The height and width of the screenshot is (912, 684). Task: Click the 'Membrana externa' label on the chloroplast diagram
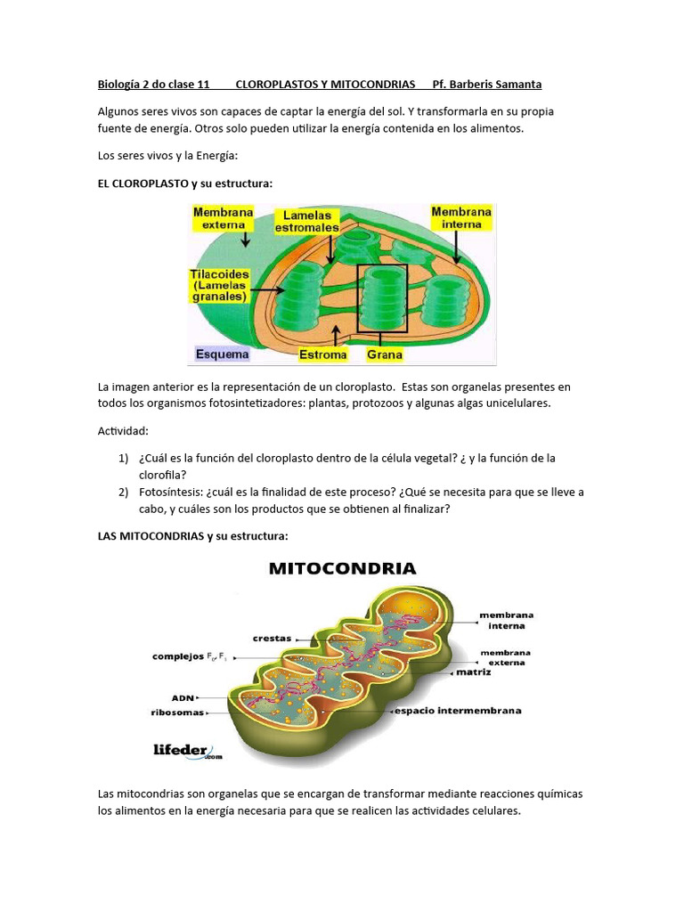(223, 218)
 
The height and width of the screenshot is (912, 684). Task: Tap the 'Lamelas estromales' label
(307, 221)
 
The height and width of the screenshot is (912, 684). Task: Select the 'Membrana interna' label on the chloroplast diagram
(461, 217)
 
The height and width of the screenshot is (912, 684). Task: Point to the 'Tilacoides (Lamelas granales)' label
(220, 285)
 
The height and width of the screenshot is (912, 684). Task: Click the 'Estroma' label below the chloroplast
(322, 354)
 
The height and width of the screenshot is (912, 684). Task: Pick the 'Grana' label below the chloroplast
(385, 354)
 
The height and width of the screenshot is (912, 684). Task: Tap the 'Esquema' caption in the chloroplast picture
(223, 354)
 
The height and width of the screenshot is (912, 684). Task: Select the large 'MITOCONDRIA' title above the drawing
(343, 567)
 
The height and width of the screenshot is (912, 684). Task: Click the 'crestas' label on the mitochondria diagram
(271, 638)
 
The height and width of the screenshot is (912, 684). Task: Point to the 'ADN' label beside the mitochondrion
(183, 697)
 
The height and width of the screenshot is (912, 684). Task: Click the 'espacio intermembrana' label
(458, 711)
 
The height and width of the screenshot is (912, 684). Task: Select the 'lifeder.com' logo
(184, 751)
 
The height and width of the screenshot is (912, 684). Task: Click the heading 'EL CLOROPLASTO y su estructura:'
(184, 183)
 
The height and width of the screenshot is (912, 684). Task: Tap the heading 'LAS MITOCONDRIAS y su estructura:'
(193, 536)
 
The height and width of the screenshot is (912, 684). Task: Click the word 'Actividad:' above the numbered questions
(122, 431)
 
